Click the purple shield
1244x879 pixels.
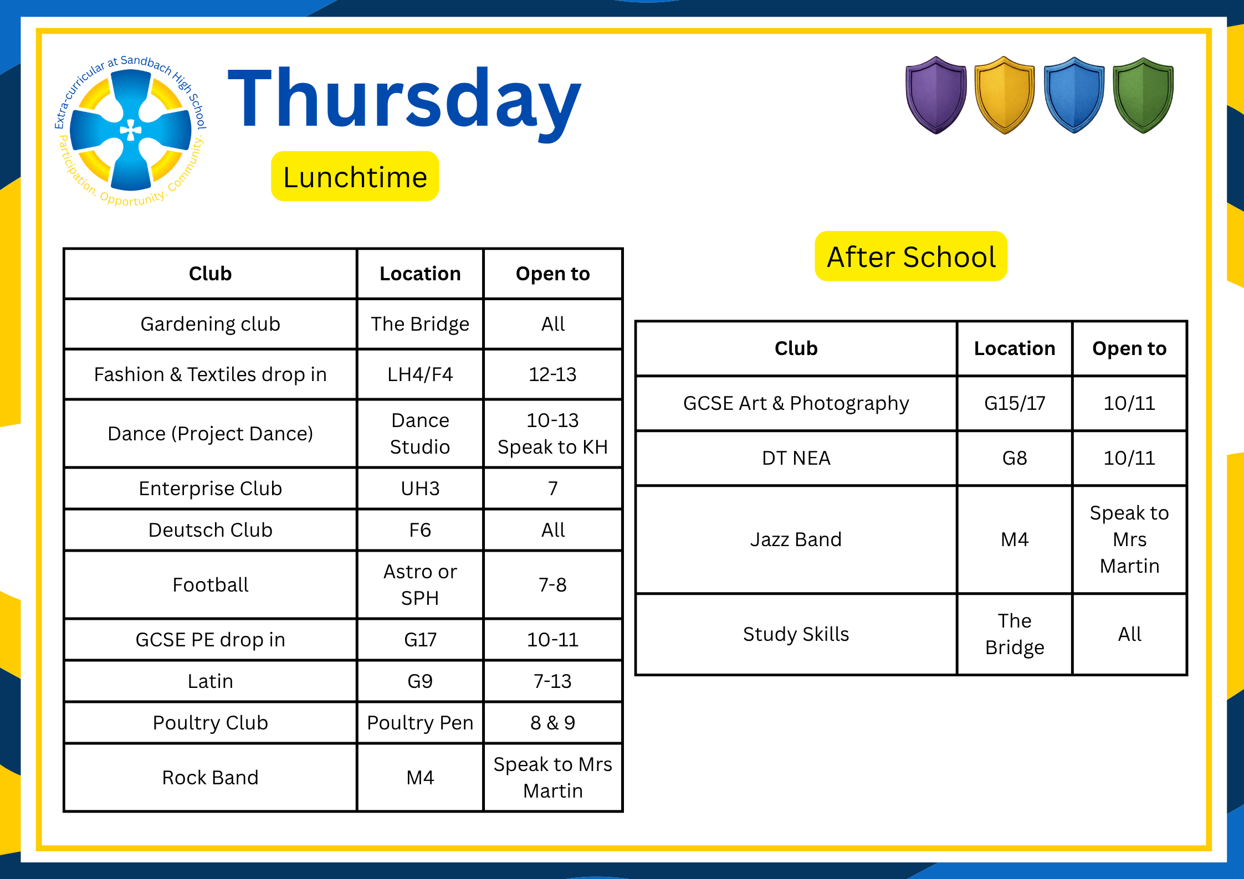(x=936, y=95)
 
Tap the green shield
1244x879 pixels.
(x=1143, y=95)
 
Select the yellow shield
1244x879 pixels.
(x=1004, y=95)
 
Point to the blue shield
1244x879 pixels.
(x=1074, y=95)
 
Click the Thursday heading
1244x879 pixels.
(x=405, y=102)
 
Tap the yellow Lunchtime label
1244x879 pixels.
(x=355, y=176)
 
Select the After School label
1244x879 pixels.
(x=911, y=256)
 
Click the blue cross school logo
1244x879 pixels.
(x=130, y=131)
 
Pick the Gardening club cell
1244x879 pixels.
(x=210, y=324)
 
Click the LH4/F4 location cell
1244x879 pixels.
(x=420, y=374)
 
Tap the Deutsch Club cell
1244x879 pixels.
(x=210, y=530)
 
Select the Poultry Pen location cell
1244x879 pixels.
(x=420, y=723)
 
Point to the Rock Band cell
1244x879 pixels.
(x=210, y=778)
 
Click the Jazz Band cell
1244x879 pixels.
(x=796, y=539)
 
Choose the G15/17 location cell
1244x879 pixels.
(x=1015, y=403)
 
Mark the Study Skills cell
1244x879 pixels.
(x=796, y=634)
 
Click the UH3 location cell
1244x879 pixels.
(x=420, y=489)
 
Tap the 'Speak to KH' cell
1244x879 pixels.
(x=552, y=434)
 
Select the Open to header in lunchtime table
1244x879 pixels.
(x=552, y=274)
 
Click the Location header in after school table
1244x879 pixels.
(x=1015, y=348)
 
